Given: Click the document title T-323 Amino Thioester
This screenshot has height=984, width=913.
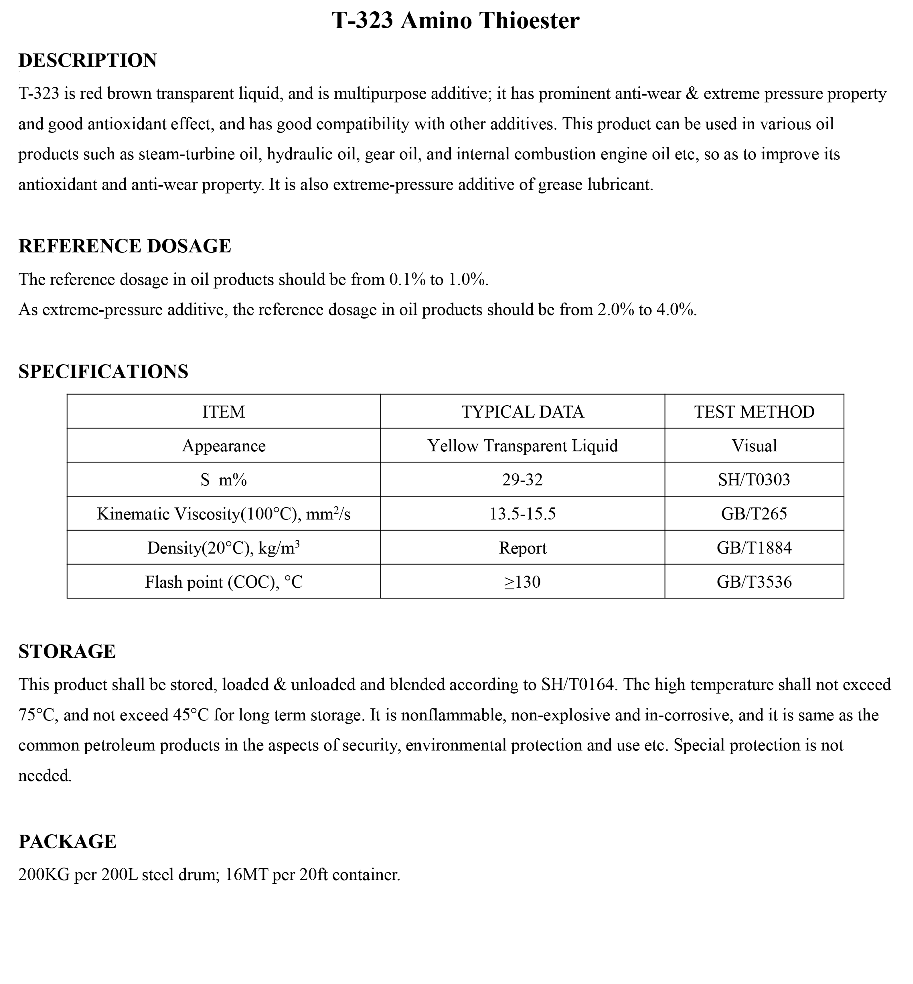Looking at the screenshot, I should (x=455, y=21).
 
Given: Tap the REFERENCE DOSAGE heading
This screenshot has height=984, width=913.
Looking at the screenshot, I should (x=124, y=246).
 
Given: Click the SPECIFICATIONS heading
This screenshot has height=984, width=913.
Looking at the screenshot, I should (x=103, y=371).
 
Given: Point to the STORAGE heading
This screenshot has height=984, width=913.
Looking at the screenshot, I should (x=67, y=652).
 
